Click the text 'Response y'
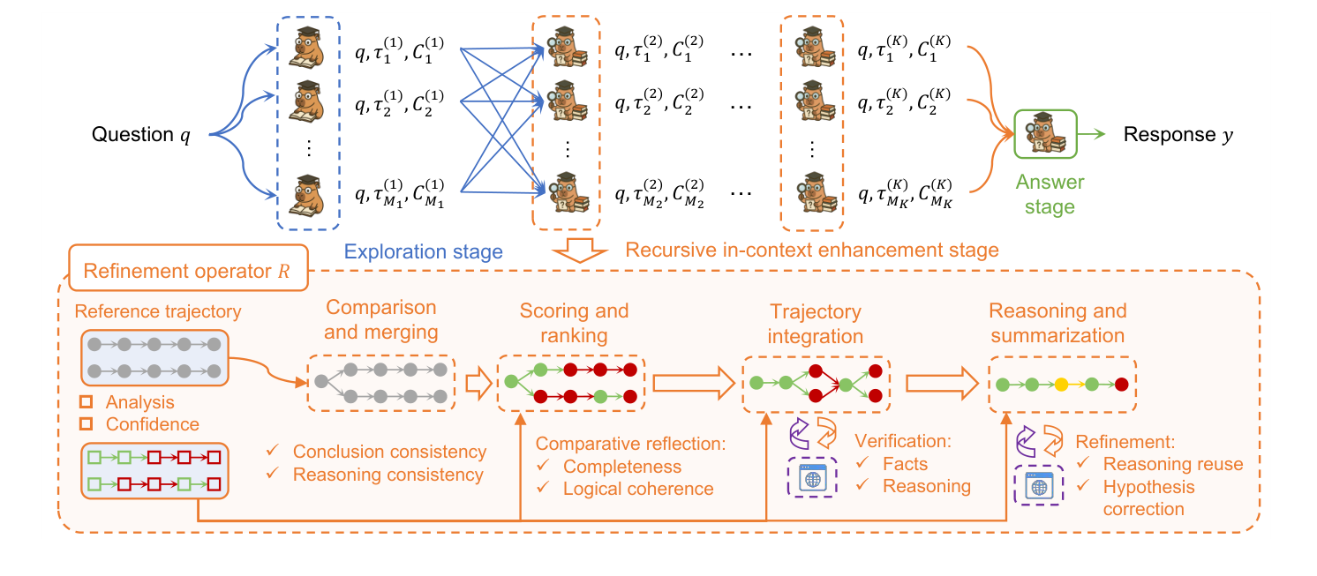pos(1178,135)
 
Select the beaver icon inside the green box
pos(1045,134)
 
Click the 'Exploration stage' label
pos(423,251)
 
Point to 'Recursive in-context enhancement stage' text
pos(811,251)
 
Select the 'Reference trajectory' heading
pos(157,311)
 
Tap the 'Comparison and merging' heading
pos(380,319)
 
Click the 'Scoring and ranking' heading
pos(574,323)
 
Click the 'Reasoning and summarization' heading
pos(1057,323)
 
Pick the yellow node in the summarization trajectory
pos(1061,385)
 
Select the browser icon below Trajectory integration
pos(811,479)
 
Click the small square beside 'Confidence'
pos(87,424)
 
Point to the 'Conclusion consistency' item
pos(389,452)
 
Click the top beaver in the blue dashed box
pos(309,49)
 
